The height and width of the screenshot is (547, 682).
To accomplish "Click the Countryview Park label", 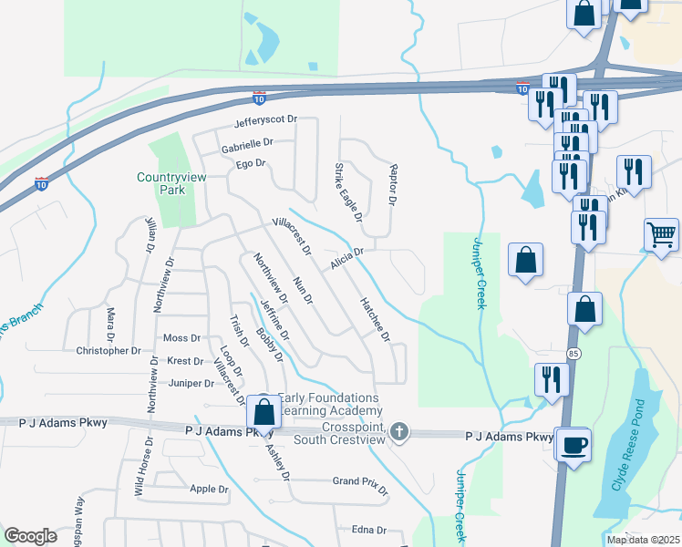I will point(161,183).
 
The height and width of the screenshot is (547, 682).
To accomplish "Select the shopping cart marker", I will point(661,234).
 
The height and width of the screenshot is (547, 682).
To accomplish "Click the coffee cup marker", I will point(573,446).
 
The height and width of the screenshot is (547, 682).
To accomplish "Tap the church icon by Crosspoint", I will point(398,432).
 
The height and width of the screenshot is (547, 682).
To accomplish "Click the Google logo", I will point(30,536).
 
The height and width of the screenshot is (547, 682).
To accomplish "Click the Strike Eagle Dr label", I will point(348,192).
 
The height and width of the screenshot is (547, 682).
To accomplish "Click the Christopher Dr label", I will point(108,350).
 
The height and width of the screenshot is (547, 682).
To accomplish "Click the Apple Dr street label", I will point(210,489).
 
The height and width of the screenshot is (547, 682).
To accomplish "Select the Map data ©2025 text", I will point(644,540).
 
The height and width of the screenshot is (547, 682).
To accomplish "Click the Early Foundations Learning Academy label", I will point(327,404).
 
